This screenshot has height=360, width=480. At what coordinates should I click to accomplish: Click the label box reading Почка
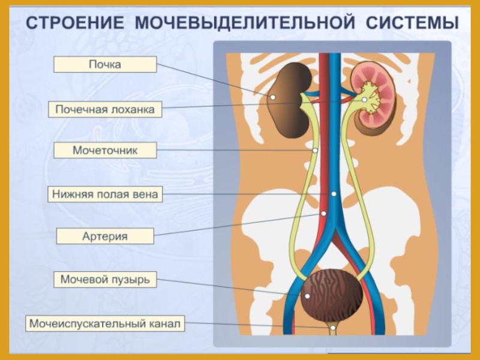tap(105, 65)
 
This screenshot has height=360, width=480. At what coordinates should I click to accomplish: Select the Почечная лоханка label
tap(105, 110)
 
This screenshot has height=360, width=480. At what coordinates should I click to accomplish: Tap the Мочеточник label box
tap(105, 150)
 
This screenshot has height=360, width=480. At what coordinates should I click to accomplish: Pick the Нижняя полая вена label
tap(105, 194)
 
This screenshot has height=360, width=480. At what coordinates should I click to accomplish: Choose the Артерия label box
tap(105, 236)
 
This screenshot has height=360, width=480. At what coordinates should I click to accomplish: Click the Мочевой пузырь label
tap(105, 280)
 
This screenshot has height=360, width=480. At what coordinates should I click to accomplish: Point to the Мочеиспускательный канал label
tap(105, 324)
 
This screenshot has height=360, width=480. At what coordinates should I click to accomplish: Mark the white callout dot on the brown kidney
tap(272, 96)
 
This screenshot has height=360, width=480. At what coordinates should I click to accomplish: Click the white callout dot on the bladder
tap(307, 295)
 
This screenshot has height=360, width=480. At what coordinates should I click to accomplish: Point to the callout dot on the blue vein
tap(334, 194)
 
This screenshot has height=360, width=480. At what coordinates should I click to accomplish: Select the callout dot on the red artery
tap(323, 213)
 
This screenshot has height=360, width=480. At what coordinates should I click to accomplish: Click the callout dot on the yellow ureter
tap(315, 150)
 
